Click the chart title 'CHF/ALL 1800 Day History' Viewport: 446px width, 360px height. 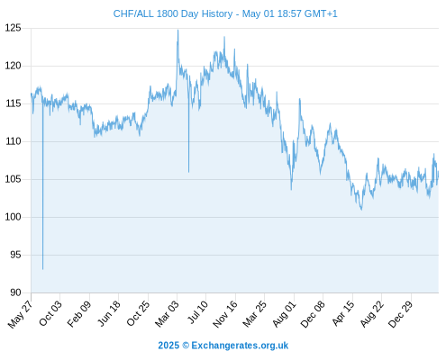pos(173,13)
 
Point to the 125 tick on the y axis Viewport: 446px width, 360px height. pos(14,28)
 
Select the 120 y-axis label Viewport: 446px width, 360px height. pos(14,66)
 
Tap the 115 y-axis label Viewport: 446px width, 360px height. pos(14,103)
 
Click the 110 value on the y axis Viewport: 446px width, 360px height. pos(14,141)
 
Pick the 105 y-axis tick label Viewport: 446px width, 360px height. pos(14,179)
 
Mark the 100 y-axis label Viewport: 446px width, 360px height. pos(14,217)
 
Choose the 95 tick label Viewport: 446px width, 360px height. pos(16,255)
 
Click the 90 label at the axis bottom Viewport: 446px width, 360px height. pos(16,292)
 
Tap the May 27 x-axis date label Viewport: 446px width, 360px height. pos(20,314)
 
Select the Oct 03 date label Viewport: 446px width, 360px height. pos(50,313)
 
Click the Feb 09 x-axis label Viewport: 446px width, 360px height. pos(79,313)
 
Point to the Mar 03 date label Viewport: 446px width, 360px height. pos(167,313)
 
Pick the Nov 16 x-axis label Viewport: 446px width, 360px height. pos(225,314)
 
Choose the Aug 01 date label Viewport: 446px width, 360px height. pos(284,314)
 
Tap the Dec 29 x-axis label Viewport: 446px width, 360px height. pos(401,314)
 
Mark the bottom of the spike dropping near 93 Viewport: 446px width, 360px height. pos(43,269)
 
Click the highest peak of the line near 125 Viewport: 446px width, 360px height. pos(177,30)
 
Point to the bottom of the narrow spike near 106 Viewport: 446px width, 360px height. pos(188,172)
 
